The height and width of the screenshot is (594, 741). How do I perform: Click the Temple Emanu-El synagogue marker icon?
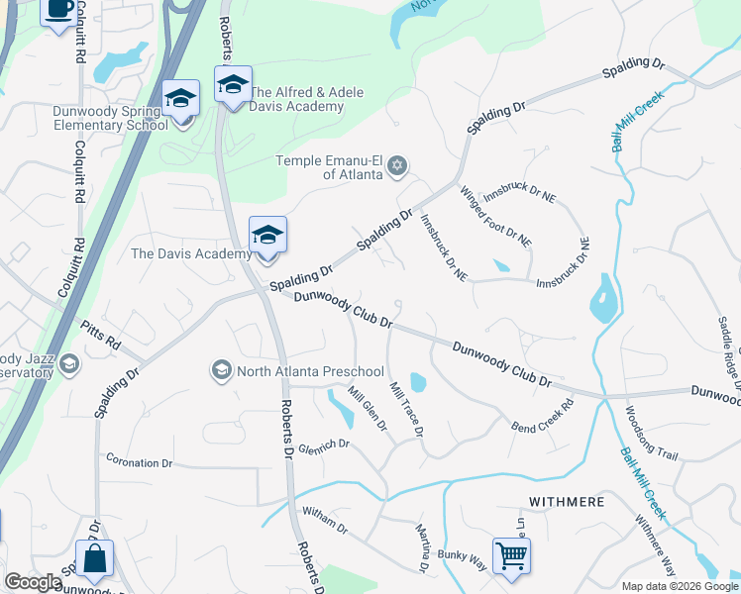click(397, 164)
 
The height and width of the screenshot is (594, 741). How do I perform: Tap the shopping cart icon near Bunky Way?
click(511, 555)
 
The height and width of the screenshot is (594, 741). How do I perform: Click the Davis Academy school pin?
click(267, 236)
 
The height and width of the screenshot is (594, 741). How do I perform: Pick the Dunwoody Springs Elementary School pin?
click(181, 99)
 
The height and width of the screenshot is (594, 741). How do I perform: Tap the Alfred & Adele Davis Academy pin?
click(233, 85)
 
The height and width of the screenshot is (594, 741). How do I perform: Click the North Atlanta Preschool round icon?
click(220, 370)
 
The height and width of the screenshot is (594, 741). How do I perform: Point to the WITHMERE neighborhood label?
click(567, 502)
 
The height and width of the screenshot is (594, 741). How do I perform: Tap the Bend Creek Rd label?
click(543, 417)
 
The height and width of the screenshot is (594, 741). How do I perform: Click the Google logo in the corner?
click(33, 582)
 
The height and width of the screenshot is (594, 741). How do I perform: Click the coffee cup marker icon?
click(58, 9)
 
